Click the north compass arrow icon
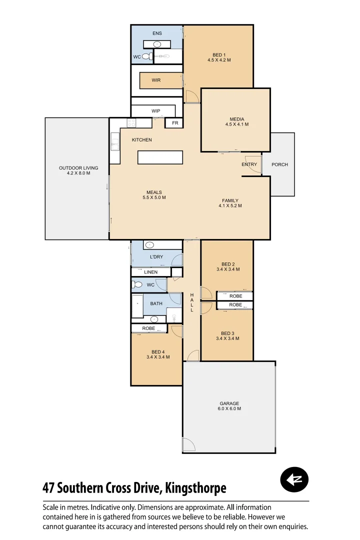click(294, 480)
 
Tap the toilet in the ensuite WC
click(146, 57)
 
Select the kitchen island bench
click(160, 157)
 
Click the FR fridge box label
click(175, 122)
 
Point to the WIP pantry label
click(155, 111)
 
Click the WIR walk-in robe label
click(156, 80)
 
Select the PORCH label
click(279, 164)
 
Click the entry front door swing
click(253, 169)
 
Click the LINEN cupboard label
click(150, 272)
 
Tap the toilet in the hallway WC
click(136, 285)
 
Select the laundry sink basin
click(149, 245)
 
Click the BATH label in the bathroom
click(156, 303)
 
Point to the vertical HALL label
click(191, 303)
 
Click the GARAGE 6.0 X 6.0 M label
click(229, 406)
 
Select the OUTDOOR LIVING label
click(78, 170)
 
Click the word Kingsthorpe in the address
click(195, 487)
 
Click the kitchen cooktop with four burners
click(132, 123)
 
